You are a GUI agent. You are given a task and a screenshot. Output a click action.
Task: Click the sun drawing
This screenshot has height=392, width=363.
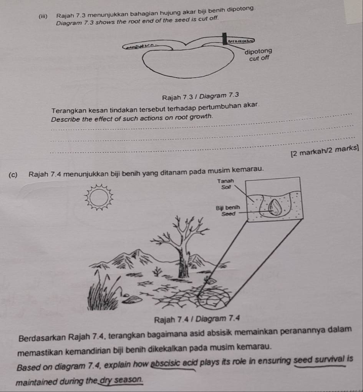point(101,198)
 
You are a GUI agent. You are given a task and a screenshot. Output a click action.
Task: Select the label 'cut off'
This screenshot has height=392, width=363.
point(259,58)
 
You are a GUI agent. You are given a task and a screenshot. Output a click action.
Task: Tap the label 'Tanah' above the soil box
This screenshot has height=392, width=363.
point(225,181)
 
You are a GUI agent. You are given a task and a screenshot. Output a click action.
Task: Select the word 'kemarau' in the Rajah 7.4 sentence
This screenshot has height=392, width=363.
point(250,169)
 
